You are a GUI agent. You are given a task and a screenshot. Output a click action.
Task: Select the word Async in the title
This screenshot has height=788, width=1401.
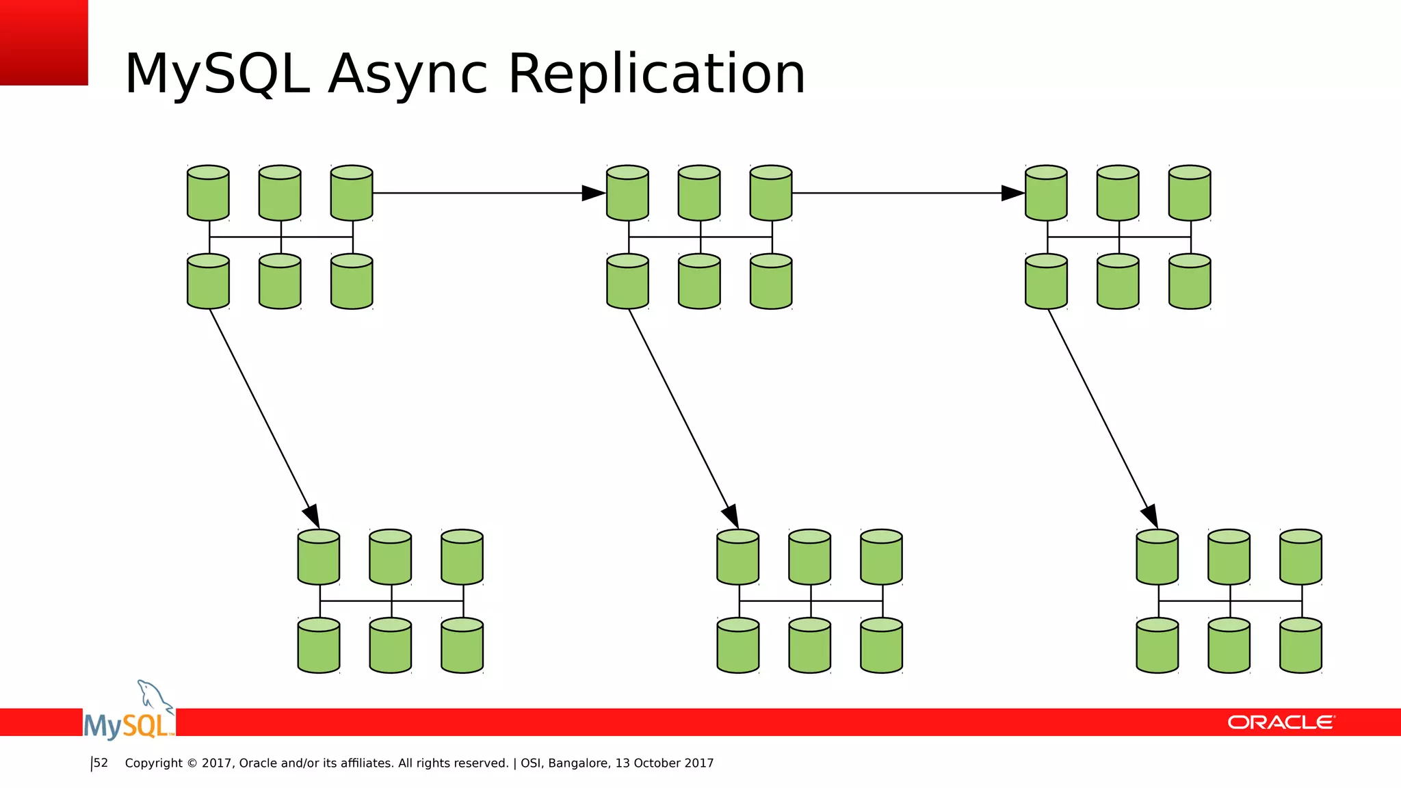[x=408, y=75]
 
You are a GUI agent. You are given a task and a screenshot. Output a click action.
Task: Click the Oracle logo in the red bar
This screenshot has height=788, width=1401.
[x=1281, y=722]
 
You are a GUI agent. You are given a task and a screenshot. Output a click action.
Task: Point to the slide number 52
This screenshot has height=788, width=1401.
[x=101, y=763]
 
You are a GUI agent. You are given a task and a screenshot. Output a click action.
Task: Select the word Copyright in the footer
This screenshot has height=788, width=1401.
[x=153, y=763]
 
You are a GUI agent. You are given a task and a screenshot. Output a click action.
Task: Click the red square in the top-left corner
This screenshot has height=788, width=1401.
[x=44, y=42]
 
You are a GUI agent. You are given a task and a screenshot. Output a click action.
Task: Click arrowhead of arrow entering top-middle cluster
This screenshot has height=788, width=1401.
[x=593, y=193]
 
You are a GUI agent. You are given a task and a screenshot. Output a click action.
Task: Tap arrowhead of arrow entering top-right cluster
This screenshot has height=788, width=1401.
[x=1012, y=193]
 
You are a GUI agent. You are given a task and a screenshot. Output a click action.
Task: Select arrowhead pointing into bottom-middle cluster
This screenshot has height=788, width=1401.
[x=731, y=516]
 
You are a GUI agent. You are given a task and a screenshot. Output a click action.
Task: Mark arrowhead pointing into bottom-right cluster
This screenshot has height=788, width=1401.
[x=1151, y=516]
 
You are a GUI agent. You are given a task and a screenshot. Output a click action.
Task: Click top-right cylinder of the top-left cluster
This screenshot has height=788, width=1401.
[x=352, y=193]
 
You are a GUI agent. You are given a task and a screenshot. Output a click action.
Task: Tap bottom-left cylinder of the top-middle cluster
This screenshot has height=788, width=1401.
[x=627, y=282]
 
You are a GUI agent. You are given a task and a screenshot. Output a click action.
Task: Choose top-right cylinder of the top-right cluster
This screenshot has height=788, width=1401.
[x=1190, y=193]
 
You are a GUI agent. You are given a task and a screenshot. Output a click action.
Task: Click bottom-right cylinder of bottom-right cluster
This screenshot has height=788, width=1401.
[x=1300, y=646]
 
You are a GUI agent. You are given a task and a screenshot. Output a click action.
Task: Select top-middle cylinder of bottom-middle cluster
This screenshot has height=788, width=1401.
[x=809, y=557]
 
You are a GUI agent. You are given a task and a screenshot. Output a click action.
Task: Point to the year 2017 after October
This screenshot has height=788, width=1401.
[x=698, y=763]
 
